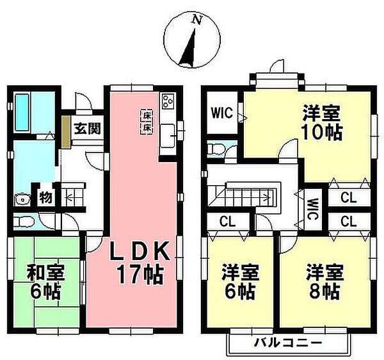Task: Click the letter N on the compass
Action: coord(196,20)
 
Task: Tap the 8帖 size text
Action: coord(323,291)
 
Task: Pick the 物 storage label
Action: coord(46,196)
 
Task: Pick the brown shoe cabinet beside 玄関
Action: coord(66,131)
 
